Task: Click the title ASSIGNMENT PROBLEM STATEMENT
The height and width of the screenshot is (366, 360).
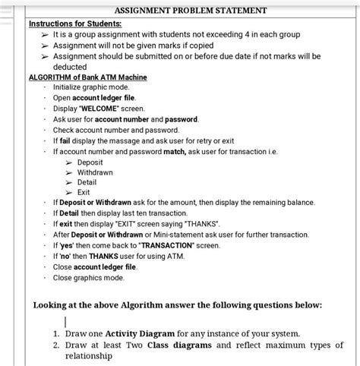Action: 191,11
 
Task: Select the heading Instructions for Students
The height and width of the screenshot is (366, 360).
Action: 74,24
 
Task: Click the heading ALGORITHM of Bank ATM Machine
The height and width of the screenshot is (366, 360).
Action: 87,77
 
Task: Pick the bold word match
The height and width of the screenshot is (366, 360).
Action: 175,151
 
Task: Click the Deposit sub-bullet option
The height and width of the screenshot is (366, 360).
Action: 90,162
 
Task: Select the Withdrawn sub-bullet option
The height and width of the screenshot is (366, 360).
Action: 95,172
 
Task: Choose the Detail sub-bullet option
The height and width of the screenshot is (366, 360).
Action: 87,182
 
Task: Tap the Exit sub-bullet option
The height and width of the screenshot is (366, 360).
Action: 84,193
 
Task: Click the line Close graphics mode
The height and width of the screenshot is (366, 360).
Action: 88,278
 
